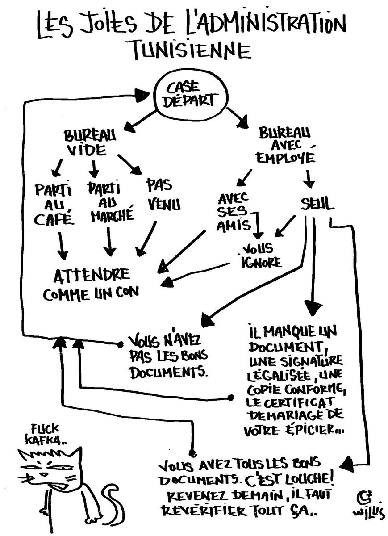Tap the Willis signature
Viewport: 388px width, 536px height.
pyautogui.click(x=365, y=505)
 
